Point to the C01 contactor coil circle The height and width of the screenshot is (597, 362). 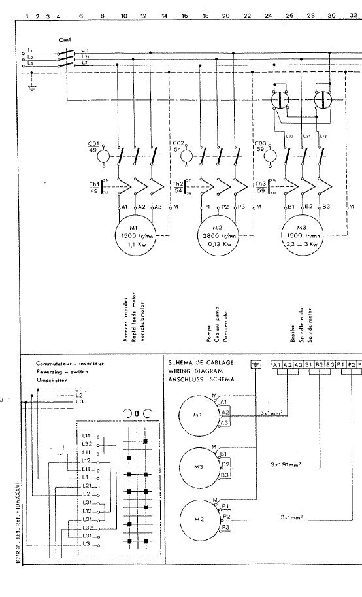coord(102,158)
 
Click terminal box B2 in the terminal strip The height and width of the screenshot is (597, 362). coord(320,364)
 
